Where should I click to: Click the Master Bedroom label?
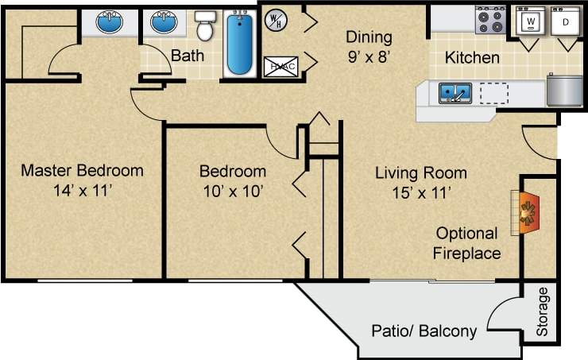pyautogui.click(x=82, y=170)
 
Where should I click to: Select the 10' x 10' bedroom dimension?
pyautogui.click(x=232, y=191)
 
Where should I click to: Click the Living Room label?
pyautogui.click(x=420, y=172)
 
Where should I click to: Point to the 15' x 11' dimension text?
pyautogui.click(x=420, y=192)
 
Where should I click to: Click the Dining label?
pyautogui.click(x=369, y=37)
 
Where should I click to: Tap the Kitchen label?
pyautogui.click(x=472, y=57)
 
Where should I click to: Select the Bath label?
pyautogui.click(x=188, y=56)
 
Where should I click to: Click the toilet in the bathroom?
pyautogui.click(x=206, y=26)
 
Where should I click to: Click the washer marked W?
pyautogui.click(x=528, y=21)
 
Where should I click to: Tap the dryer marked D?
pyautogui.click(x=565, y=21)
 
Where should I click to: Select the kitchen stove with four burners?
pyautogui.click(x=491, y=20)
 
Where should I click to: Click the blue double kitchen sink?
pyautogui.click(x=455, y=94)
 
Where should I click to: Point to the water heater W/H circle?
pyautogui.click(x=276, y=18)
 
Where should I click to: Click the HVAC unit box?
pyautogui.click(x=280, y=67)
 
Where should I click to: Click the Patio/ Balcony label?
pyautogui.click(x=424, y=331)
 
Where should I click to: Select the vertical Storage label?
pyautogui.click(x=543, y=312)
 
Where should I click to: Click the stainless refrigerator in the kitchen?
pyautogui.click(x=565, y=89)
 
